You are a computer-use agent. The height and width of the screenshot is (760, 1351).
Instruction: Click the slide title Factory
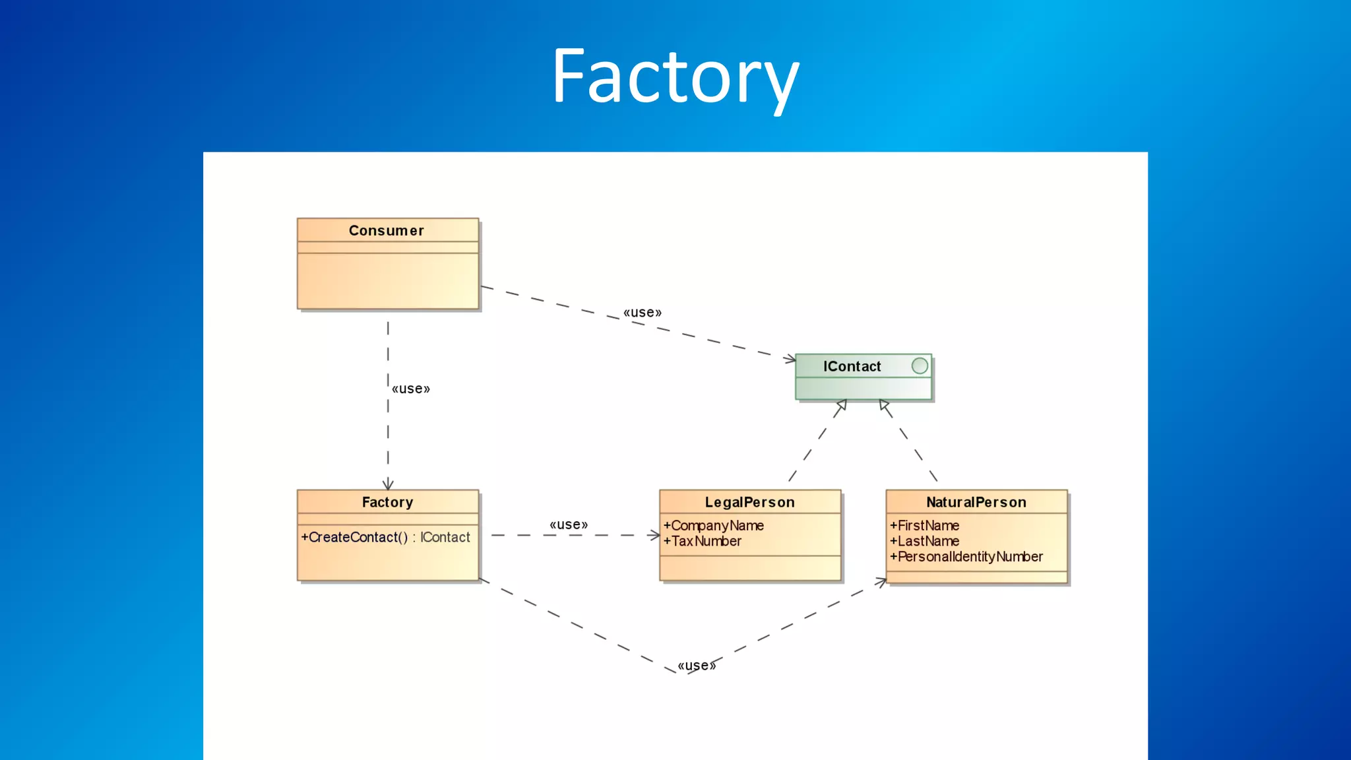point(675,78)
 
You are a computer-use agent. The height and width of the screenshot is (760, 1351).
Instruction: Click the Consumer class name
point(387,231)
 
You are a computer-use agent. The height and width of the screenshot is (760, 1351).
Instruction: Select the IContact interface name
point(852,367)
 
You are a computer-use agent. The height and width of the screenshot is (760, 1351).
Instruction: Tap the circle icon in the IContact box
point(920,366)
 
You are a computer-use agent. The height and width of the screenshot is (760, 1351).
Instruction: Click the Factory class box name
point(387,503)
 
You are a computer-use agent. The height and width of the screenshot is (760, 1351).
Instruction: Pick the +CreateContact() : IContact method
point(386,538)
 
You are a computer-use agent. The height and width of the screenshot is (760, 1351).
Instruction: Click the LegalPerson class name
point(749,503)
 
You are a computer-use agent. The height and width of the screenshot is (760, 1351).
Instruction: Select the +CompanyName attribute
point(714,526)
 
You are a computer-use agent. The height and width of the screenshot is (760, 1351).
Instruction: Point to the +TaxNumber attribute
point(703,542)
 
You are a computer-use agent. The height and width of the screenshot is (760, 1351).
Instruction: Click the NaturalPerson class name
point(976,503)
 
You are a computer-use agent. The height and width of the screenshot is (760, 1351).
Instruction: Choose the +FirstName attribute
point(925,526)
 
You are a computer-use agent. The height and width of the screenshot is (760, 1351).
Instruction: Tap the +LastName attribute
point(925,542)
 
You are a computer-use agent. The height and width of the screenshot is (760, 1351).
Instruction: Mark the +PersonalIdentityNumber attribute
point(966,557)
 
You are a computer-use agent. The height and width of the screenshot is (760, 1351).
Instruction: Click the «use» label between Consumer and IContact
point(643,313)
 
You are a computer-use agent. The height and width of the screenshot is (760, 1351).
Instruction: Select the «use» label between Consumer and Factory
point(411,389)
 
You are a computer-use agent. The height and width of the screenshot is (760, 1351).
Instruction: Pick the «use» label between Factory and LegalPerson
point(569,525)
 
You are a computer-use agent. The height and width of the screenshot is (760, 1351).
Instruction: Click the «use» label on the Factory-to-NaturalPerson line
point(697,666)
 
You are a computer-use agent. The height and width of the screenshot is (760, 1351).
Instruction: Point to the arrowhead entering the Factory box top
point(388,485)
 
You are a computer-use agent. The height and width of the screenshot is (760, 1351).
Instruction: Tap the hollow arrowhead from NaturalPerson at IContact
point(885,404)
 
